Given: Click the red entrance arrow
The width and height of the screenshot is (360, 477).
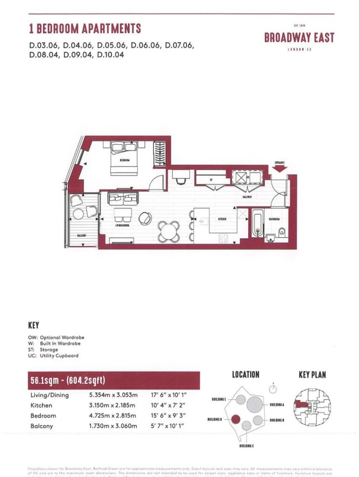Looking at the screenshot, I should pos(279,169).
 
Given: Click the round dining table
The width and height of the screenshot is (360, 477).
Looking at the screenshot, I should pos(168,231).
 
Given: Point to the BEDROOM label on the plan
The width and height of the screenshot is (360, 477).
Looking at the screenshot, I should pos(124,160).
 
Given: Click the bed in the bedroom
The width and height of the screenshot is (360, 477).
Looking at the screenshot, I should pos(124,158).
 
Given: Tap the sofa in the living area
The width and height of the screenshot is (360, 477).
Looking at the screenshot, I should pos(123,198).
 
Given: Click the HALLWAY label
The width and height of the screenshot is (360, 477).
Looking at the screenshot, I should pos(247,197).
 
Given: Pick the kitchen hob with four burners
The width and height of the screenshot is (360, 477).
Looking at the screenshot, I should pos(224,238).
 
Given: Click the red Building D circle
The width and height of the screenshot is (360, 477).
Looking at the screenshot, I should pos(236,419).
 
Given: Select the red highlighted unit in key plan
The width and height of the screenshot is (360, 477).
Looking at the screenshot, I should pos(302,404).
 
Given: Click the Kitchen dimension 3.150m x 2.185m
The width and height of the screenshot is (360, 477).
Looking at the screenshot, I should pos(112,405).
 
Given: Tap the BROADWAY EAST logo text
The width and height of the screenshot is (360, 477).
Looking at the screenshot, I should pos(299,38).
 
